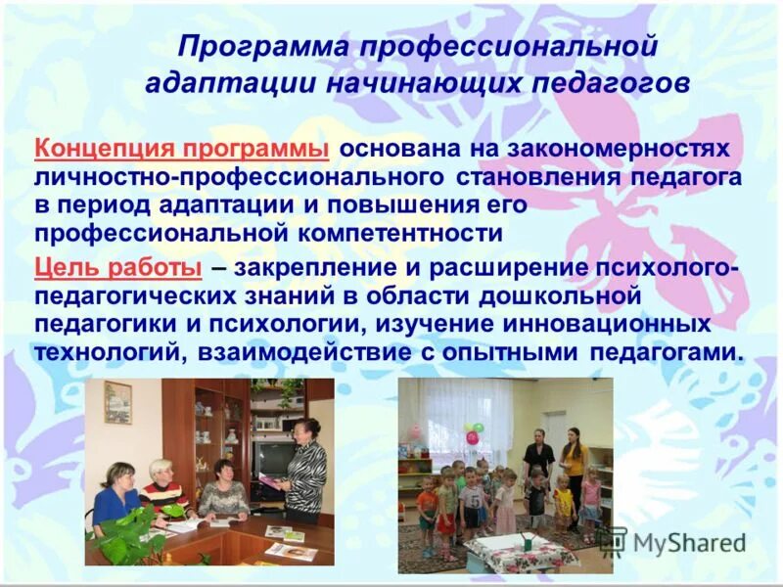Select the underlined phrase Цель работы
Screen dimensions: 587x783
point(117,267)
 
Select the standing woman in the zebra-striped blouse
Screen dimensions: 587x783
point(304,470)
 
